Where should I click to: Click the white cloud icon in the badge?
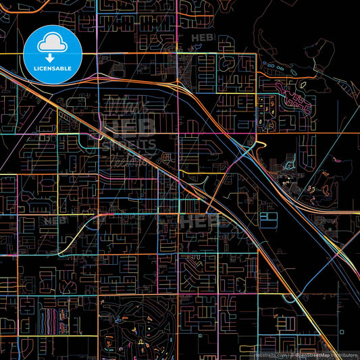click(x=53, y=44)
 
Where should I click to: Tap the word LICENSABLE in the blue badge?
click(x=53, y=69)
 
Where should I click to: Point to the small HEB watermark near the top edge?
click(x=202, y=38)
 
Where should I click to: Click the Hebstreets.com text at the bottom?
click(x=268, y=354)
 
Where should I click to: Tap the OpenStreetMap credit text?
click(x=312, y=354)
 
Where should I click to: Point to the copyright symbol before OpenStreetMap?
click(x=291, y=354)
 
